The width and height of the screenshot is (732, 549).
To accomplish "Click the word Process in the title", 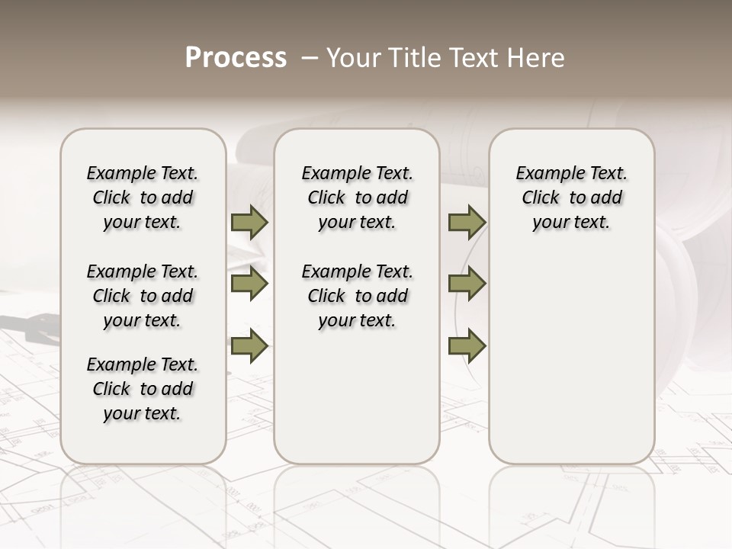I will (x=236, y=58).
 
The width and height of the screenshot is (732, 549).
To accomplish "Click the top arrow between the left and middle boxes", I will (x=249, y=223).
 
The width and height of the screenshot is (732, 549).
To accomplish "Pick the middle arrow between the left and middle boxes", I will (x=249, y=284).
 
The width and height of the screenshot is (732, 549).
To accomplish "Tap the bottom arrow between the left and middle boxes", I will (x=249, y=346).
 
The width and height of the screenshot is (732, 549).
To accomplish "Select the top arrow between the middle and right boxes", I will (x=467, y=223).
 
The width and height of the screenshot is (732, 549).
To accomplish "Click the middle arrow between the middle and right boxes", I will (x=467, y=284).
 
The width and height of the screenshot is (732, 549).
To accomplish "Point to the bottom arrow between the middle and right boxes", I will (x=467, y=346).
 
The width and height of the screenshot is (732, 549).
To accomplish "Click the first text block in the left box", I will (x=143, y=197).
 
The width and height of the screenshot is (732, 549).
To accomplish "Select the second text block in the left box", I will (x=143, y=296).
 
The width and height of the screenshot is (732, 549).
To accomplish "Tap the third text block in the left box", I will (x=143, y=389).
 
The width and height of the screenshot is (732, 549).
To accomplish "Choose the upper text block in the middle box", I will (x=358, y=197).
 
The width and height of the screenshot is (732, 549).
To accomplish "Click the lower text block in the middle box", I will (x=358, y=296).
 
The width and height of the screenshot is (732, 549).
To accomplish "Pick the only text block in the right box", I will (x=572, y=197).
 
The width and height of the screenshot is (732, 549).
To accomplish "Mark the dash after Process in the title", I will (x=309, y=58).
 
